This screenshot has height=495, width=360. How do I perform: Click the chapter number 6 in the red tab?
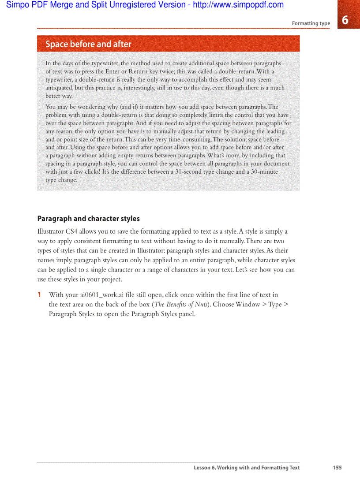[345, 20]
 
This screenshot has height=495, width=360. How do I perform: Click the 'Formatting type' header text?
[311, 23]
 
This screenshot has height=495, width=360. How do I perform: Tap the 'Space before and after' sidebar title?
[88, 44]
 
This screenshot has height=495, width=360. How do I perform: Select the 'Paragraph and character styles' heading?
[88, 219]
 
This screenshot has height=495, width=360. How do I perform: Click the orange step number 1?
[39, 295]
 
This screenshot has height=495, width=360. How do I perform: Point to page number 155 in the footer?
[337, 468]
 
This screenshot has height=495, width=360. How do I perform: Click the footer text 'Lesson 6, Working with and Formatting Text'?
[247, 468]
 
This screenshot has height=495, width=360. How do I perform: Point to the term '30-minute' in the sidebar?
[262, 171]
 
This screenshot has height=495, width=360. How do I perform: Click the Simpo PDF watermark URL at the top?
[238, 5]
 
